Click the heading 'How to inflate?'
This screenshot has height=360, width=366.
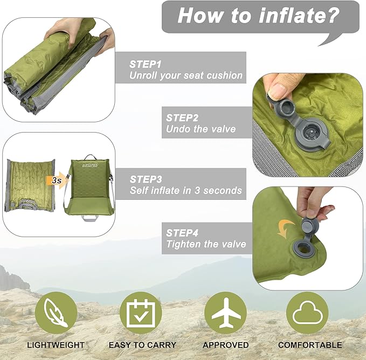[259, 15]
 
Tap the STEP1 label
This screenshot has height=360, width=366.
[145, 64]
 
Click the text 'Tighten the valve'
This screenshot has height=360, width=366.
[206, 244]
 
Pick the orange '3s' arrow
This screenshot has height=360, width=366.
[54, 181]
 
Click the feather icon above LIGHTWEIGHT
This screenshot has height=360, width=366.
[56, 312]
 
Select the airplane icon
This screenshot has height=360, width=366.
[225, 312]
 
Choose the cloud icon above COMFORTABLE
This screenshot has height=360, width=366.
[307, 312]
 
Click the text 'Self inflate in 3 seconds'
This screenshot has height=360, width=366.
[186, 191]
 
